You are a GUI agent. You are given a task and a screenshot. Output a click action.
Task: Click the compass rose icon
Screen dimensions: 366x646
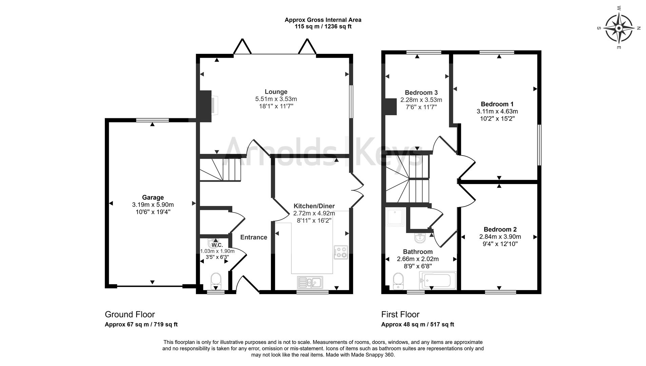pos(619,28)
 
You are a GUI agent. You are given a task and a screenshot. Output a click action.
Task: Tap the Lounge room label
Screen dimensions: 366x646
pos(276,92)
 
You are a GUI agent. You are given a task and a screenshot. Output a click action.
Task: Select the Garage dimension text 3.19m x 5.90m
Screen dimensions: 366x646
pos(153,205)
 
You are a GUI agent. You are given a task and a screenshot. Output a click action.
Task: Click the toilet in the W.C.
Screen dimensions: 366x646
pos(216,280)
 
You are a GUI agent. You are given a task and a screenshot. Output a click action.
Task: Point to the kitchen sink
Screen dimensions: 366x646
pos(310,282)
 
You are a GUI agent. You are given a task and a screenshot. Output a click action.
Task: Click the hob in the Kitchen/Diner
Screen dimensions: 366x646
pos(341,252)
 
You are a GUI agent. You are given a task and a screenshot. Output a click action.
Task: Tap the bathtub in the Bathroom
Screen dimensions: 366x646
pos(438,280)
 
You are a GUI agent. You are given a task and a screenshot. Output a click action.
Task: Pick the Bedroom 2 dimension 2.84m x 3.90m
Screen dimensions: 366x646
pos(500,237)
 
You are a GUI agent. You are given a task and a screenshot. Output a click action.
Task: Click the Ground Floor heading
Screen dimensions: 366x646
pos(130,314)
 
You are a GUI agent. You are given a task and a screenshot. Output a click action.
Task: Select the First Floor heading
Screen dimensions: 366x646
pos(400,314)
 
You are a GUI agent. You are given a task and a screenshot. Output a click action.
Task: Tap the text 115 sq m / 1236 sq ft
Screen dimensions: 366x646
pos(323,26)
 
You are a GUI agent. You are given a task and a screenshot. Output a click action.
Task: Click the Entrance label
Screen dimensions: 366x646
pos(254,237)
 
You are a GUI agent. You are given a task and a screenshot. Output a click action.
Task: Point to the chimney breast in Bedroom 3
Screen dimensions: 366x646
pos(391,106)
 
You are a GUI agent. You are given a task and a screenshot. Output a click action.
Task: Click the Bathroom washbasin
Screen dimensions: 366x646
pos(420,238)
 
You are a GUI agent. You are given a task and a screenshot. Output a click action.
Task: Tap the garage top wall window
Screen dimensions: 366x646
pos(152,120)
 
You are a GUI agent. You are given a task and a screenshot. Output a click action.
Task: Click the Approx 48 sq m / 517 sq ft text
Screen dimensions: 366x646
pos(417,324)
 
